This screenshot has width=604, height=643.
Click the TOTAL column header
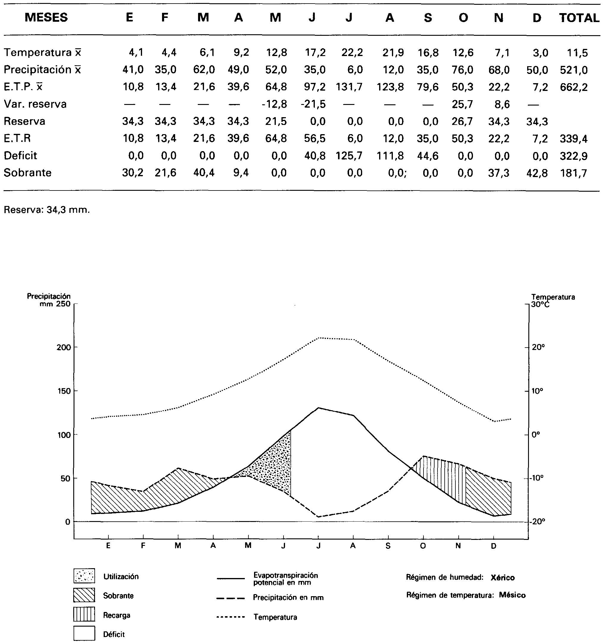[x=579, y=18]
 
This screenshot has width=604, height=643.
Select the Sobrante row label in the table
[x=27, y=173]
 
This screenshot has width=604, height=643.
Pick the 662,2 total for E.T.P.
[x=574, y=87]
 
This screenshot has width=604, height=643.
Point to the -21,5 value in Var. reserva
[x=313, y=104]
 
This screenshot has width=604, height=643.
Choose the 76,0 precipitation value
[x=463, y=70]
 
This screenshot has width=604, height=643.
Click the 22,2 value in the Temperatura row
[x=352, y=52]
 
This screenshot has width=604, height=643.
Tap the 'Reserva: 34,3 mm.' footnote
[x=47, y=210]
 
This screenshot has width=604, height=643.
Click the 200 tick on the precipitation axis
[x=63, y=347]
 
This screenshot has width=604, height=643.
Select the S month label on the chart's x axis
[x=388, y=546]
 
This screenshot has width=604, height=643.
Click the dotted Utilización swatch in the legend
[x=84, y=576]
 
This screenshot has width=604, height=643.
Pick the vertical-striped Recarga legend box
[x=84, y=614]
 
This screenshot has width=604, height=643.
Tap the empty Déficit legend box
[x=84, y=633]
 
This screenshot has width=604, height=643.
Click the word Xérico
[x=502, y=578]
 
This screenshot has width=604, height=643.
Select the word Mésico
[x=512, y=595]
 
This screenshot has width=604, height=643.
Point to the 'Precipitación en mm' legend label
[x=288, y=598]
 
